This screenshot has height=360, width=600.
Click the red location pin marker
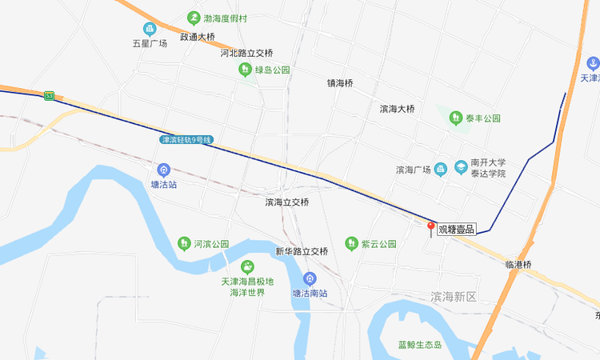(x=432, y=229)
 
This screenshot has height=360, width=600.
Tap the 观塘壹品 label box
(x=457, y=230)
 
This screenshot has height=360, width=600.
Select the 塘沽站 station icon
(x=164, y=170)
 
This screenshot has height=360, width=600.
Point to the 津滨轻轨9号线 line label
(x=186, y=140)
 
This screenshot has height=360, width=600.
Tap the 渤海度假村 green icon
(x=193, y=18)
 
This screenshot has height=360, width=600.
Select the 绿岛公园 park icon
(x=245, y=70)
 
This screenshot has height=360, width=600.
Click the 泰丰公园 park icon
(x=456, y=118)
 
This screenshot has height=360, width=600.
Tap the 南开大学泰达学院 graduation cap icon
(x=462, y=167)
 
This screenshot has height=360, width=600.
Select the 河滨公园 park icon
(x=183, y=243)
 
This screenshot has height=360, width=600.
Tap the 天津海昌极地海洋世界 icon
(x=247, y=266)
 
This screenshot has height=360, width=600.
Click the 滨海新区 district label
(x=453, y=297)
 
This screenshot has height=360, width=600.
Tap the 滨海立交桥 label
(x=287, y=202)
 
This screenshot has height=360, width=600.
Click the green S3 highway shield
(x=50, y=96)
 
